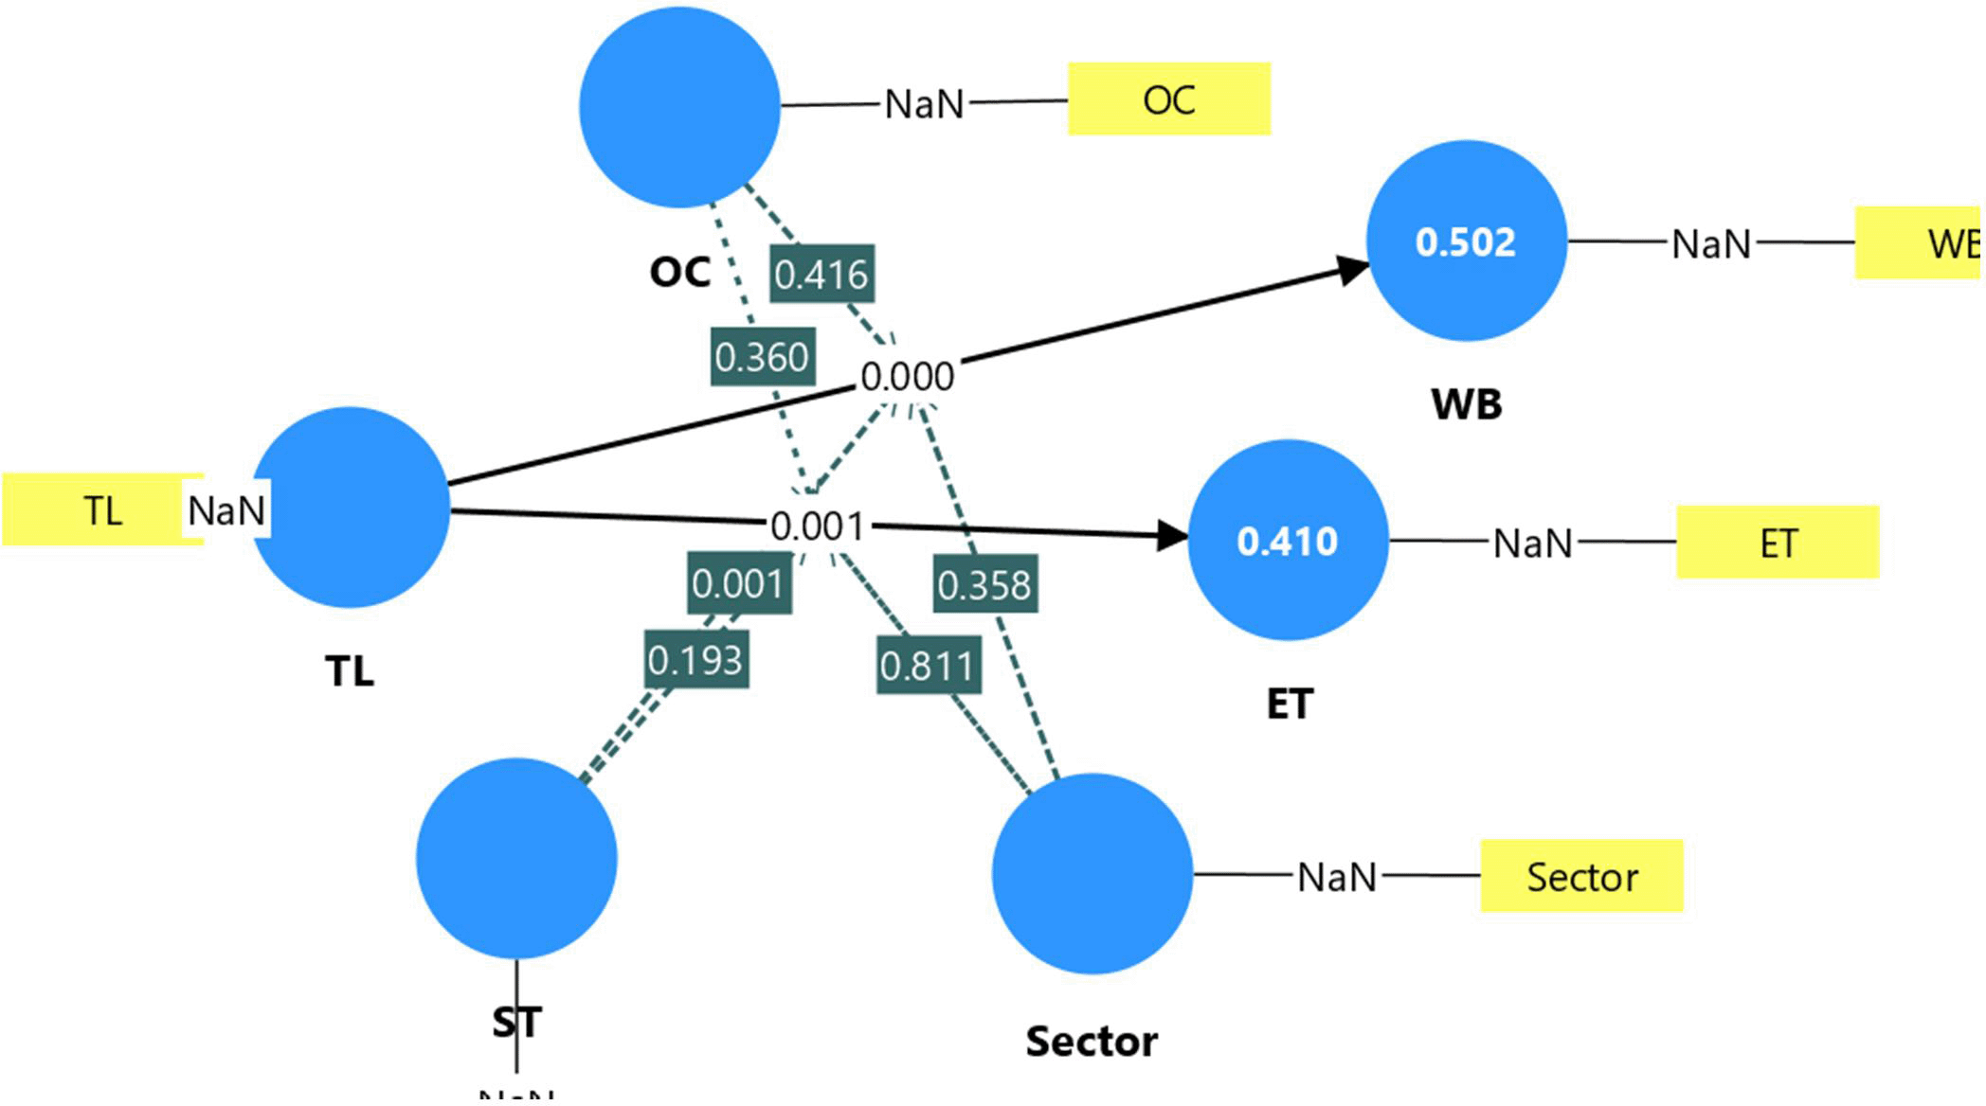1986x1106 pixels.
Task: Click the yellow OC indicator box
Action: coord(1168,99)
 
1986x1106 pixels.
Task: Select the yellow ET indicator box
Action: coord(1778,543)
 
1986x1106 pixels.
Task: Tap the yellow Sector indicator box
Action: coord(1581,876)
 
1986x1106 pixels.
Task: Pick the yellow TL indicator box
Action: coord(101,510)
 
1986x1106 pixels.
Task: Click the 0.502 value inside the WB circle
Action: coord(1465,242)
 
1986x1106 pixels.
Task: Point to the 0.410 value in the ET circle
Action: coord(1287,542)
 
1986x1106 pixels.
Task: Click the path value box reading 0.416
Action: coord(821,275)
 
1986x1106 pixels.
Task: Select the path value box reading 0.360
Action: coord(762,357)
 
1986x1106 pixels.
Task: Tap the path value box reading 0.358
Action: coord(984,585)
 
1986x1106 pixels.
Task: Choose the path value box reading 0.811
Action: coord(928,667)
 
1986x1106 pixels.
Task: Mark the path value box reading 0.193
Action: coord(695,660)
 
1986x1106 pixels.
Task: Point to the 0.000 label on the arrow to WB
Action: coord(907,377)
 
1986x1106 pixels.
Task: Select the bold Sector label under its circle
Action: coord(1092,1042)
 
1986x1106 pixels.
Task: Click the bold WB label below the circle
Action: coord(1466,404)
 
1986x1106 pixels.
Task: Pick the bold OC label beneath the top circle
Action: coord(679,273)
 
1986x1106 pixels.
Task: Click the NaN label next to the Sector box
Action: coord(1336,878)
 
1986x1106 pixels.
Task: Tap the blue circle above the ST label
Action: coord(516,859)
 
